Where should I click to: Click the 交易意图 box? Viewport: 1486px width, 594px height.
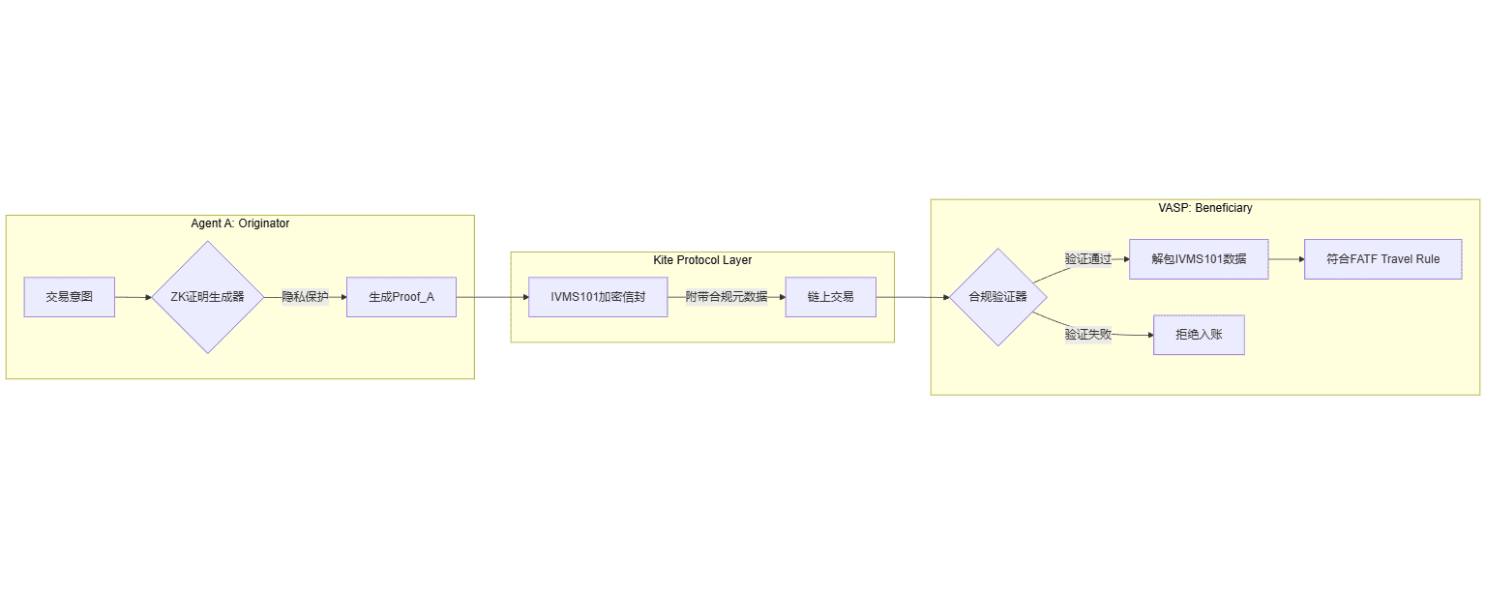click(70, 297)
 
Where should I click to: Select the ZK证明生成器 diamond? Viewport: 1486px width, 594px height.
click(208, 297)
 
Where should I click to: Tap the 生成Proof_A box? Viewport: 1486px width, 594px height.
click(401, 297)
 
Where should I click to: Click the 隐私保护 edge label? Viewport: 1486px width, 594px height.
click(305, 297)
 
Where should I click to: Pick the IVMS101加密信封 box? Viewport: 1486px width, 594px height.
click(598, 297)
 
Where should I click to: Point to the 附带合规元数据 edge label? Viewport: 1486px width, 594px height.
click(727, 297)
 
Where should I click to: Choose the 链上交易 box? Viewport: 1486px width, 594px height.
click(830, 297)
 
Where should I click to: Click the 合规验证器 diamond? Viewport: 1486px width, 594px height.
click(997, 297)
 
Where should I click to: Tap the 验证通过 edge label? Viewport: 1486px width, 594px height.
click(1088, 259)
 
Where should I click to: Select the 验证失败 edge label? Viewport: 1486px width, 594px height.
click(1088, 334)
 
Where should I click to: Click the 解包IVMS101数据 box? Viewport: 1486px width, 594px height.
click(1199, 259)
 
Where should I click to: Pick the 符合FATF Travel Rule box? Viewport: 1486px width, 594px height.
click(1382, 259)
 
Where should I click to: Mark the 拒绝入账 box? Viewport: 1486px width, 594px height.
click(1199, 335)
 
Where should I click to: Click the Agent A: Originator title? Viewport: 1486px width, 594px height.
click(240, 223)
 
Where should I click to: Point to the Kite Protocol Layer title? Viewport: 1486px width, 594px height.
click(702, 260)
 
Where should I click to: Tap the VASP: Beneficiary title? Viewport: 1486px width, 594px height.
click(1205, 208)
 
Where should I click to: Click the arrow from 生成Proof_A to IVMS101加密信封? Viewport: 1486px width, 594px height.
click(491, 297)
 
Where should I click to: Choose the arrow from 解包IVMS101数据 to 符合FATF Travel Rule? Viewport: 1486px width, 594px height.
click(1286, 259)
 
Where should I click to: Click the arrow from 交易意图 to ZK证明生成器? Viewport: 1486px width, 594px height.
click(134, 297)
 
